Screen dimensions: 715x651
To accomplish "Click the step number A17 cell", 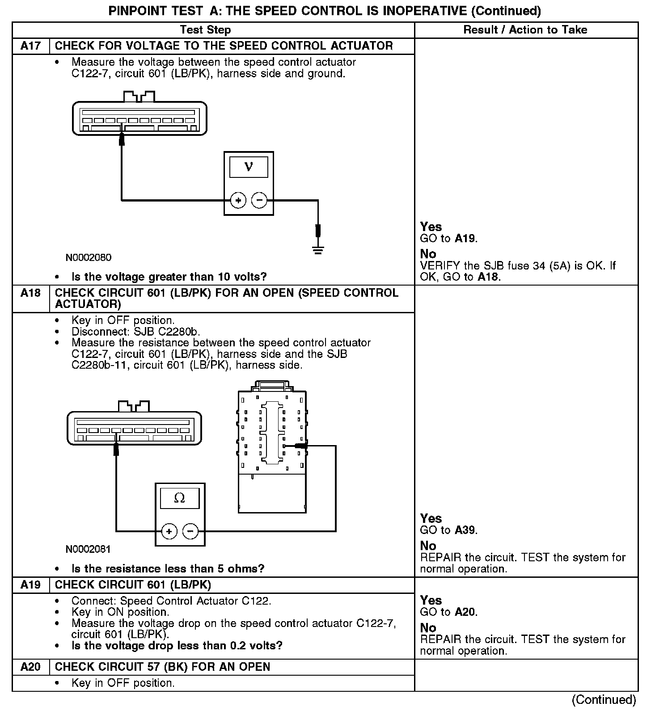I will [x=30, y=46].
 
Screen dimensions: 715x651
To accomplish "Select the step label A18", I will [x=30, y=293].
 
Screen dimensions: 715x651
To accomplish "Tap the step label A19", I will [x=30, y=585].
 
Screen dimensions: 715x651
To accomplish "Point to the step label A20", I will [x=30, y=667].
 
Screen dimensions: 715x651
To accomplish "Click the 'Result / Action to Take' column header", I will [x=525, y=30].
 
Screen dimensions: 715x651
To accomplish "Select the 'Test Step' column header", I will [x=205, y=30].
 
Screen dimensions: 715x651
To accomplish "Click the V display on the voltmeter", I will [x=249, y=167].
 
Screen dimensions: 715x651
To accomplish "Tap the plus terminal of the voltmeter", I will [x=238, y=200].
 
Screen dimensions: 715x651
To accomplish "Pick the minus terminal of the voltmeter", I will [x=259, y=200].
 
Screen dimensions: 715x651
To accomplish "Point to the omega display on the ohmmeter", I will [x=179, y=498].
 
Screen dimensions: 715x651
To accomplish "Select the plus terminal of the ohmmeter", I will [x=169, y=531].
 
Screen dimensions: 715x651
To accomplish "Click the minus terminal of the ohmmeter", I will [x=190, y=531].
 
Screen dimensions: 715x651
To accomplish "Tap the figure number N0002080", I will [x=89, y=257].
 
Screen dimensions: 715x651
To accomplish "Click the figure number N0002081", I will [x=88, y=549].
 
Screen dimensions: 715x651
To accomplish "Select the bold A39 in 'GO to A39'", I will [x=465, y=530].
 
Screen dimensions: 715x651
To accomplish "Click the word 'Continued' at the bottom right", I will [x=604, y=700].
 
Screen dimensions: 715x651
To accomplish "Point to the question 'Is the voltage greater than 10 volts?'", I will [x=169, y=277].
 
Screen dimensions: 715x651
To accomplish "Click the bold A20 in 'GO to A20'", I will [x=465, y=612].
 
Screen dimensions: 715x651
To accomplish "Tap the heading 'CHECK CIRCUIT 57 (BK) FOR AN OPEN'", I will [x=162, y=667].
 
